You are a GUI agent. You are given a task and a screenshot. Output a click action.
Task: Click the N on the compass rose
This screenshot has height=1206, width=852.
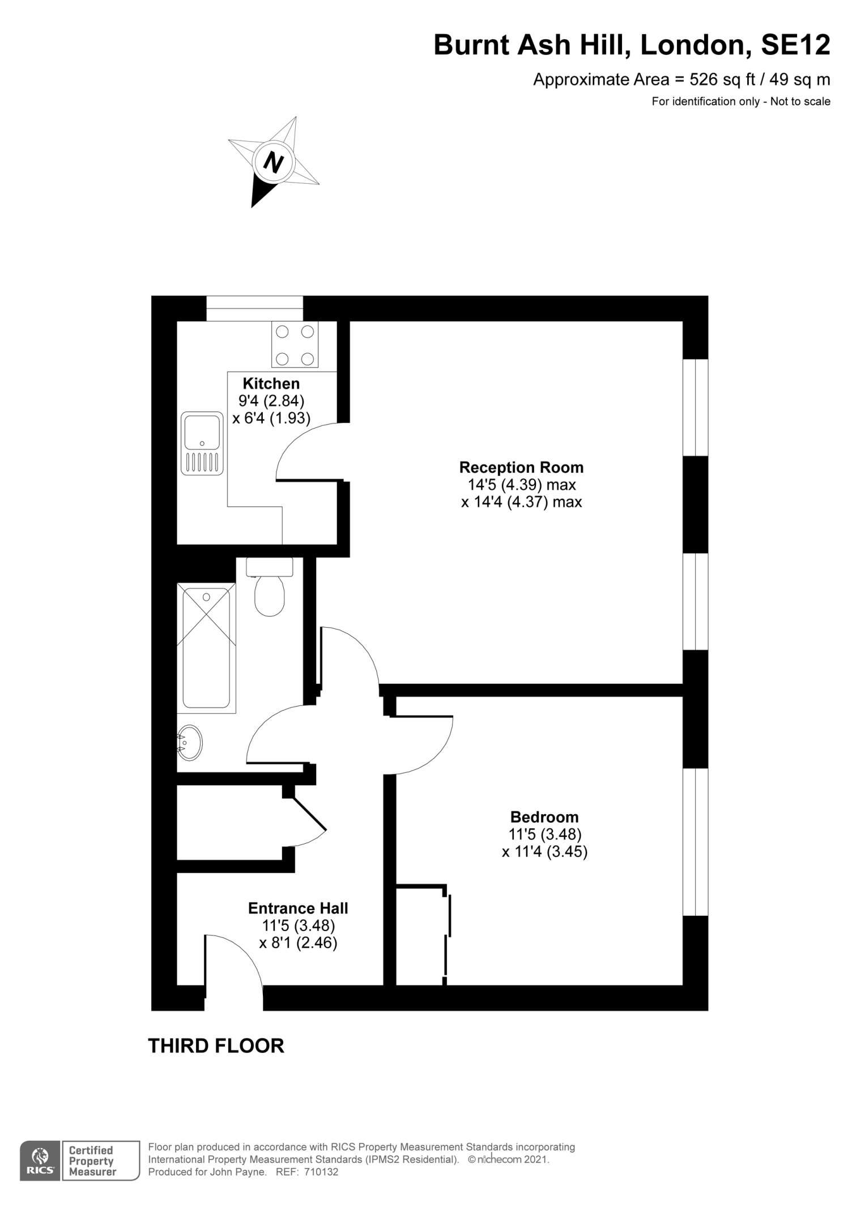pyautogui.click(x=274, y=162)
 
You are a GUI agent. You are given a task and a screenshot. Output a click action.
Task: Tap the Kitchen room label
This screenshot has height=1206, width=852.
pyautogui.click(x=271, y=383)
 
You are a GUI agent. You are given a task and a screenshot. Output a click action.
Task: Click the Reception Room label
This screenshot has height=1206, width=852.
pyautogui.click(x=521, y=468)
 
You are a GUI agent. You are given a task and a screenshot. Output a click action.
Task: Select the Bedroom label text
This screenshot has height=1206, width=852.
pyautogui.click(x=544, y=817)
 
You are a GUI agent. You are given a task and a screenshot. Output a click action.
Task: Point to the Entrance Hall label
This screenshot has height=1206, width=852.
pyautogui.click(x=298, y=908)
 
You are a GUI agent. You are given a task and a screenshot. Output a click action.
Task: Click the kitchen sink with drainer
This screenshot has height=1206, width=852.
pyautogui.click(x=202, y=443)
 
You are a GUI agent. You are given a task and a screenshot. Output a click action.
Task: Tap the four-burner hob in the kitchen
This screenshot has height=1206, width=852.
pyautogui.click(x=295, y=344)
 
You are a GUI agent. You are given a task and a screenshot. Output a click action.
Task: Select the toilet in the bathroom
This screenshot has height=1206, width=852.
pyautogui.click(x=270, y=586)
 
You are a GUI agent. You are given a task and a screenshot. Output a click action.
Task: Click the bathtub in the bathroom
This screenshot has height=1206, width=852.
pyautogui.click(x=206, y=648)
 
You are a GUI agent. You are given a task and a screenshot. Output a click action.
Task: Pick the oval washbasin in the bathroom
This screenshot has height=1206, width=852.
pyautogui.click(x=190, y=742)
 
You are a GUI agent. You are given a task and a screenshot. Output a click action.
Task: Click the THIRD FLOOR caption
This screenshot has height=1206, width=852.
pyautogui.click(x=216, y=1046)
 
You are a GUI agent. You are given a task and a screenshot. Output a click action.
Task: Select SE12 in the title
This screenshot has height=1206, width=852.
pyautogui.click(x=795, y=45)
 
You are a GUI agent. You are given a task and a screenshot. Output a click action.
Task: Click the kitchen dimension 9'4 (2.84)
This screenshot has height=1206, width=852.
pyautogui.click(x=271, y=401)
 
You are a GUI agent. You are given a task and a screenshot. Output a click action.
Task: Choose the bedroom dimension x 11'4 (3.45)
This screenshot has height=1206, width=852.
pyautogui.click(x=544, y=852)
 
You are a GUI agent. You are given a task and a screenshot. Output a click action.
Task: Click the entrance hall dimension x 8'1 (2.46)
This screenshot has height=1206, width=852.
pyautogui.click(x=298, y=943)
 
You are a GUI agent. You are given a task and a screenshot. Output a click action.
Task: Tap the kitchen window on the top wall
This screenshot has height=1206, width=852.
pyautogui.click(x=254, y=308)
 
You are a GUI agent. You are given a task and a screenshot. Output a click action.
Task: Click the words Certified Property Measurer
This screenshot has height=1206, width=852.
pyautogui.click(x=92, y=1160)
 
